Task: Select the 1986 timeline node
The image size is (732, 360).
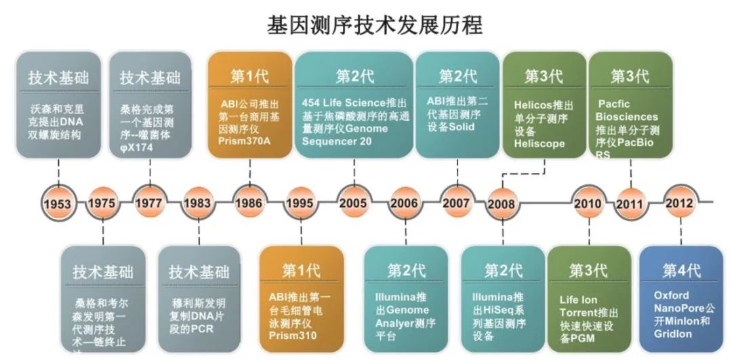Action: (x=249, y=203)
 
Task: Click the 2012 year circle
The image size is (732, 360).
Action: (x=679, y=203)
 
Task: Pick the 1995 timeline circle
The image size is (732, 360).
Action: (x=300, y=203)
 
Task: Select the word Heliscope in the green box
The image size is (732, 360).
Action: (x=540, y=144)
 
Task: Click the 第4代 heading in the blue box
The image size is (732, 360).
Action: (x=681, y=271)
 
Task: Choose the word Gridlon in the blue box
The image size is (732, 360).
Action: (x=675, y=335)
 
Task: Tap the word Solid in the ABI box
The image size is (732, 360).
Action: (x=461, y=127)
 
